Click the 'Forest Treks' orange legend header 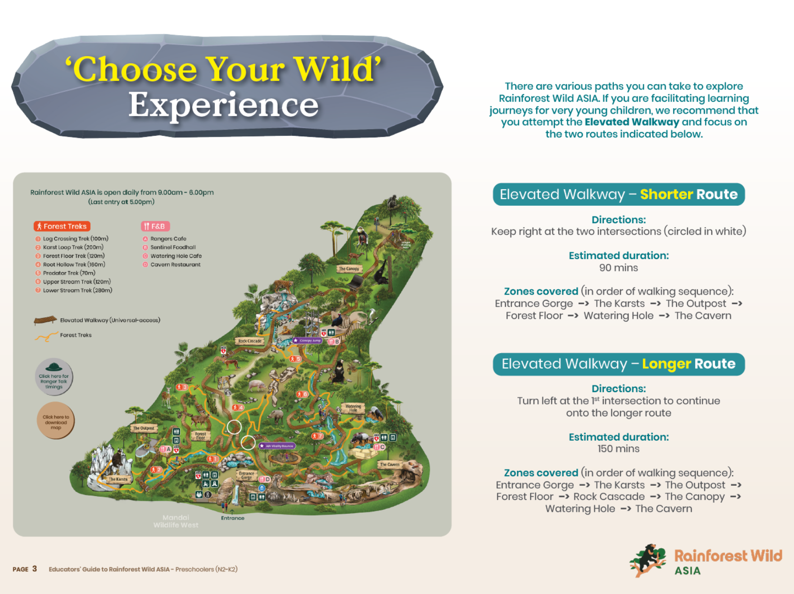coord(62,226)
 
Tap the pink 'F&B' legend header coord(155,226)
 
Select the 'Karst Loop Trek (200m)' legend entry coord(73,247)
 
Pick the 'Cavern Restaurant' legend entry coord(175,265)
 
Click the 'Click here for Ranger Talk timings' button coord(54,377)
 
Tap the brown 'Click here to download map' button coord(56,421)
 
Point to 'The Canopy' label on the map coord(349,269)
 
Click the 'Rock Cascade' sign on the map coord(250,341)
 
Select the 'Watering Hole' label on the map coord(353,408)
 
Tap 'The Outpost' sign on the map coord(144,428)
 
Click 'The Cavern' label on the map coord(389,464)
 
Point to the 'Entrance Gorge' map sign coord(246,475)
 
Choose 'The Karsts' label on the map coord(118,479)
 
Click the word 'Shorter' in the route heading coord(666,194)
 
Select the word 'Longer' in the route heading coord(666,364)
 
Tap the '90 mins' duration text coord(619,268)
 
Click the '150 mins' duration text coord(619,449)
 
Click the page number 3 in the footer coord(35,569)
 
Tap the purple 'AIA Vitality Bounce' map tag coord(277,446)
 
